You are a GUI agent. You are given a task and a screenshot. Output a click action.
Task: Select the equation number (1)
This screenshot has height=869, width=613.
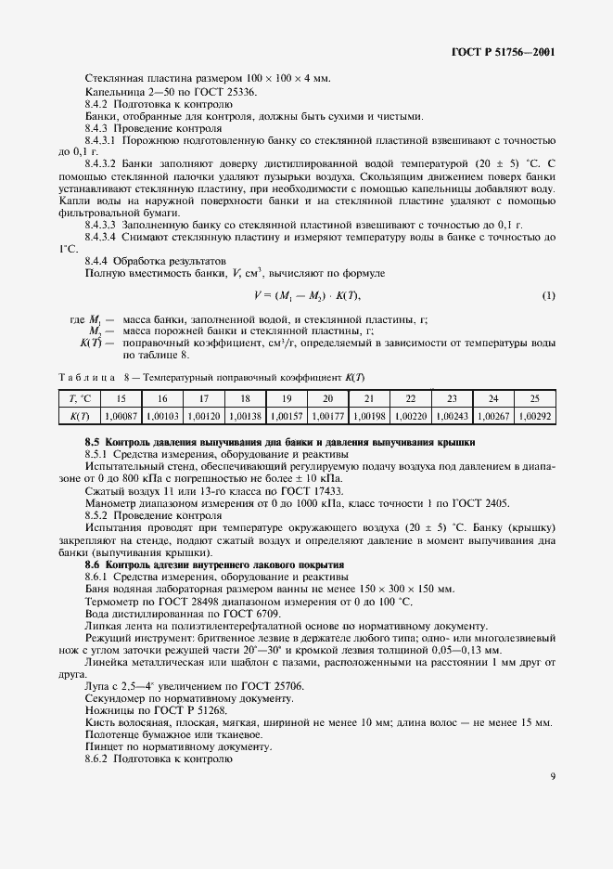click(548, 295)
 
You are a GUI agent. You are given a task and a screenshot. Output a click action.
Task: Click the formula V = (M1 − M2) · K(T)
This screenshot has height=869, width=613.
click(306, 295)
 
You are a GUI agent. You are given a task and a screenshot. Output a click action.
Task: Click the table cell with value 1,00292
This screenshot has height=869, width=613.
click(533, 417)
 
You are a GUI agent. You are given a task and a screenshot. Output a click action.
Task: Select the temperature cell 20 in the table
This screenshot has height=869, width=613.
click(326, 398)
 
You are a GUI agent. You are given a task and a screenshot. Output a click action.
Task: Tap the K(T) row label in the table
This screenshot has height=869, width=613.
click(80, 417)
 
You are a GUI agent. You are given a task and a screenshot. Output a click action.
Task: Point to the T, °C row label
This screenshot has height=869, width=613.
click(80, 398)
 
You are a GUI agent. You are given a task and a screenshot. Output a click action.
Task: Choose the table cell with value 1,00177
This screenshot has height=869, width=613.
click(326, 417)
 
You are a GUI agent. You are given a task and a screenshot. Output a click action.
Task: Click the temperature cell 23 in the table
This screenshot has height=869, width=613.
click(451, 398)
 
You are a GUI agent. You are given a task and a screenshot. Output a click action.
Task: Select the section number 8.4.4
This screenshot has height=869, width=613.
click(99, 260)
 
